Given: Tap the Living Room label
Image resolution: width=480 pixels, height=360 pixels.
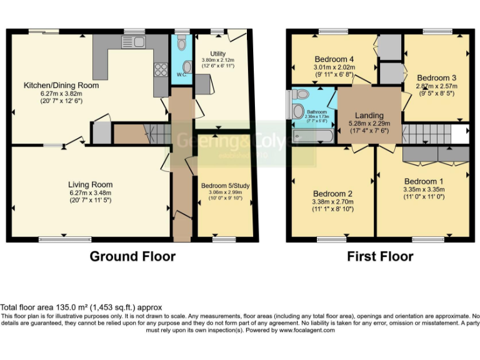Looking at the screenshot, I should click(91, 184).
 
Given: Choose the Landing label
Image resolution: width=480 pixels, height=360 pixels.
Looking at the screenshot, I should click(369, 116).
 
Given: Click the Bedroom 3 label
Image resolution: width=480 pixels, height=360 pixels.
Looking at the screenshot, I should click(436, 71).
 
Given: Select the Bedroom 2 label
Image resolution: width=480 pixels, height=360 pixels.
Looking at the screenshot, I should click(332, 193).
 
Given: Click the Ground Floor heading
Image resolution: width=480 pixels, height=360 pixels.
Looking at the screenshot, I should click(132, 256).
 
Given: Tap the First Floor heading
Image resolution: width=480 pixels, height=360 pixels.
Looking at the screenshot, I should click(379, 256).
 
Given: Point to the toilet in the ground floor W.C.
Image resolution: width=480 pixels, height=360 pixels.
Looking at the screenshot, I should click(181, 43).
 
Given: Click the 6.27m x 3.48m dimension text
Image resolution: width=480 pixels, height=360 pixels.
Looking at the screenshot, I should click(91, 192).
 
